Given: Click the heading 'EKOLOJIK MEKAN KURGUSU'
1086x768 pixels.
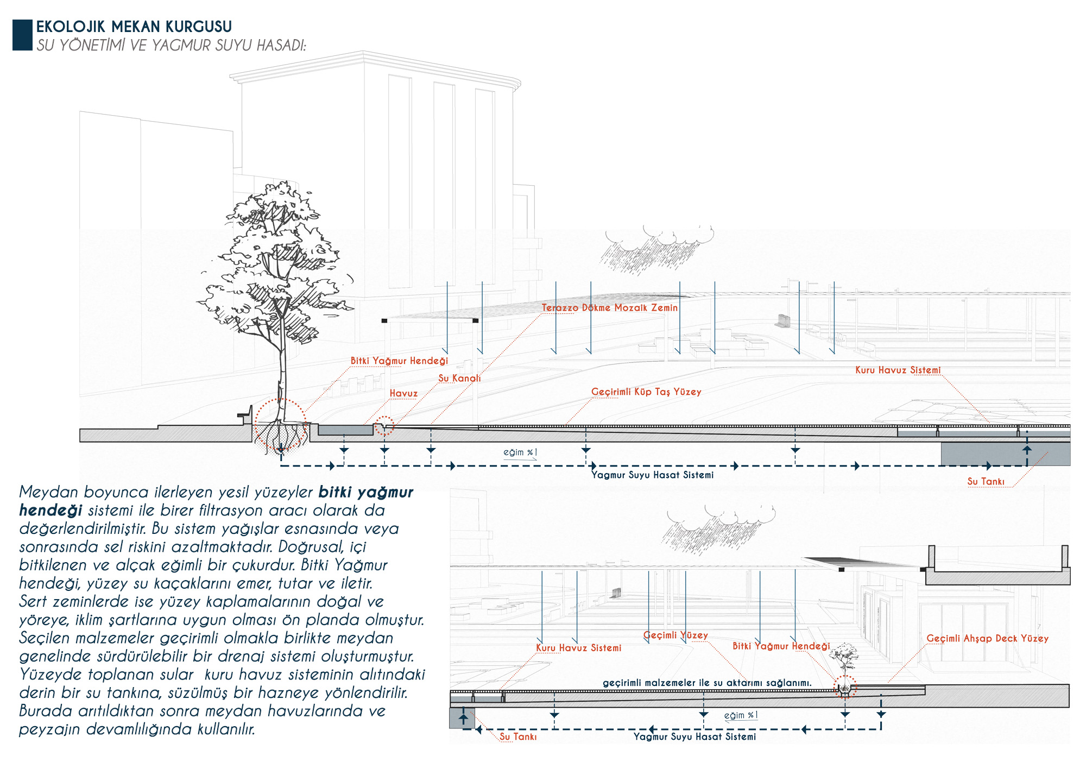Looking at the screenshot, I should (x=134, y=27).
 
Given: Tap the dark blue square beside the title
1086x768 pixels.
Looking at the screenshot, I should (x=22, y=35).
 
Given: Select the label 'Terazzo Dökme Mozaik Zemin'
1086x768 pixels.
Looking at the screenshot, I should (x=609, y=308).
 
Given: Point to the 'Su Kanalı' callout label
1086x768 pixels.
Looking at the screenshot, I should (x=459, y=379).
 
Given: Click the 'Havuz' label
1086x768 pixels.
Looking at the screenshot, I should (x=403, y=394).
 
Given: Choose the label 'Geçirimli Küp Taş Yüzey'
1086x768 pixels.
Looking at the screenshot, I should (x=646, y=392).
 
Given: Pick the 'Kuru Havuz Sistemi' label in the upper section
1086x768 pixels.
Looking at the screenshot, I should (x=898, y=370).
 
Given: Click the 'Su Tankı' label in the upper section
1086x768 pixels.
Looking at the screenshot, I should (x=986, y=482).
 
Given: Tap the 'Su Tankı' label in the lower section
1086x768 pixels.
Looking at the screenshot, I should (x=518, y=737).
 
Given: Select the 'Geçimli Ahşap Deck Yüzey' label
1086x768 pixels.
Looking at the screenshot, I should (x=987, y=639).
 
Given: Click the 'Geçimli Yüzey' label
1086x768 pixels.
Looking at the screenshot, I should (x=675, y=635).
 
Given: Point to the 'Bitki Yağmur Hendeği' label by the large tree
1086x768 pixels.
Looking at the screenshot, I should (x=399, y=361).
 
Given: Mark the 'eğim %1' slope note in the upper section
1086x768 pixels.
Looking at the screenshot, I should (x=520, y=452).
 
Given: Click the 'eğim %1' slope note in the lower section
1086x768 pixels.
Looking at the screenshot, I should (x=741, y=715).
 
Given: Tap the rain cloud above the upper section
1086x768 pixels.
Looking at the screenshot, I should (x=658, y=247).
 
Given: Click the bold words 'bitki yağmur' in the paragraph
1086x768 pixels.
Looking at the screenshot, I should (x=365, y=493).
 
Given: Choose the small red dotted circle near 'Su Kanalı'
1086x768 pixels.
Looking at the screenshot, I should (x=384, y=426).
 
